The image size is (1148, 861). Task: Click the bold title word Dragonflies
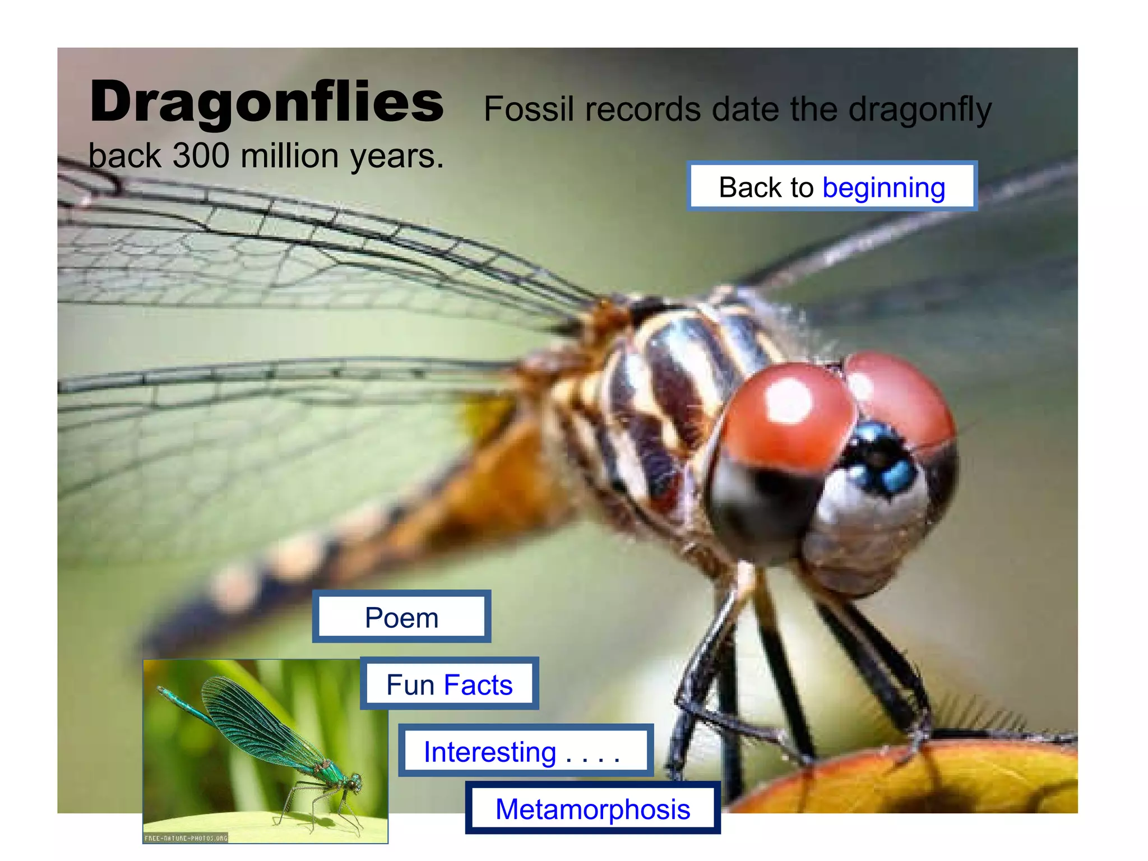point(266,103)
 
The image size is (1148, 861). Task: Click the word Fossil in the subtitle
point(529,109)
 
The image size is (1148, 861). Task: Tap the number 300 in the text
point(201,156)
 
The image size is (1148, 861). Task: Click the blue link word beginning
point(883,188)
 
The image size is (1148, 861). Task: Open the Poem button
point(401,618)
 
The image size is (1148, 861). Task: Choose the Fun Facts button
point(449,684)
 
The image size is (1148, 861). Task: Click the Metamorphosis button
point(592,809)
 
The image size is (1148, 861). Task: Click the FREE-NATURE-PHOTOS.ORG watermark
point(186,838)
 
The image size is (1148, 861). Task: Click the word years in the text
point(395,157)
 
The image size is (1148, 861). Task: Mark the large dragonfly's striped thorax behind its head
point(673,392)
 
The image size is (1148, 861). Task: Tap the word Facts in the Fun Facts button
point(478,684)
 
